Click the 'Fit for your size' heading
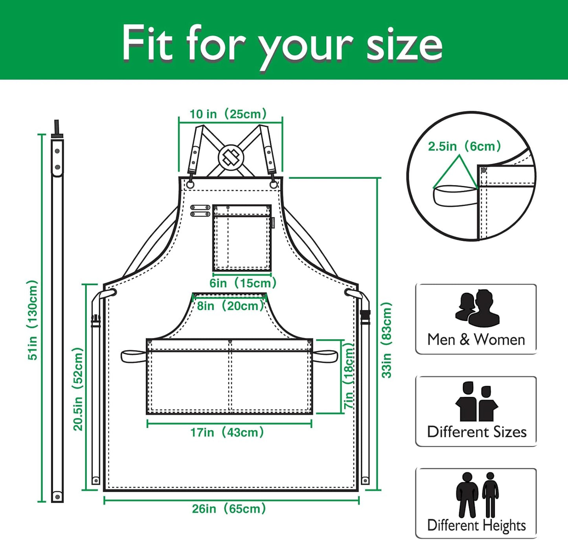(x=282, y=43)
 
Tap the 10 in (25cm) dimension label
(x=228, y=114)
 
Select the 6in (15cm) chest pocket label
(x=243, y=283)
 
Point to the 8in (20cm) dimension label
(x=230, y=306)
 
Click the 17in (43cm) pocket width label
(x=227, y=433)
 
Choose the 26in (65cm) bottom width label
(x=229, y=509)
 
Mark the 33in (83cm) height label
(x=387, y=340)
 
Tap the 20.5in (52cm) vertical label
(x=78, y=389)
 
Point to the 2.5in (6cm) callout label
(x=464, y=147)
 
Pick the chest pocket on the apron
(x=242, y=238)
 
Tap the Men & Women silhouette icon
(x=477, y=309)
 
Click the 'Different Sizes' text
(x=477, y=432)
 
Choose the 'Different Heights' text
(x=476, y=525)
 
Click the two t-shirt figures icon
(x=477, y=402)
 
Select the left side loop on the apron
(x=133, y=356)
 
